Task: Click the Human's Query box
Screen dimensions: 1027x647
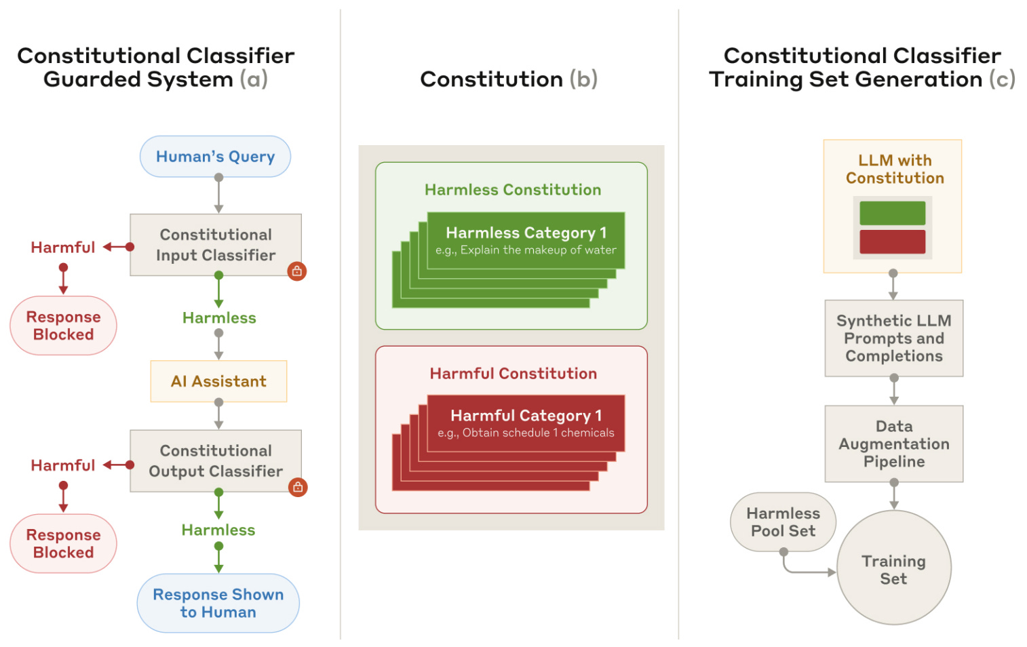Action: pos(215,157)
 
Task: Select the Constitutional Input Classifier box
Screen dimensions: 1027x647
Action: pos(216,245)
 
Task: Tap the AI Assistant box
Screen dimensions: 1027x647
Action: pos(218,381)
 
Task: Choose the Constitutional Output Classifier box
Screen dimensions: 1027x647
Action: pos(216,460)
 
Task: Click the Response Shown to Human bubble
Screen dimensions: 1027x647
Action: pos(218,603)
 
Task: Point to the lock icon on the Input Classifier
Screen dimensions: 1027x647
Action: pos(297,271)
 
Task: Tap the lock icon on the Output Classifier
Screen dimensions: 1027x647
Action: pos(298,487)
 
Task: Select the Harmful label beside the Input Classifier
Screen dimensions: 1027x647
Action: pos(63,247)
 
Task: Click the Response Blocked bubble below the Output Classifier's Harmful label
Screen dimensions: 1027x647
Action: pos(63,543)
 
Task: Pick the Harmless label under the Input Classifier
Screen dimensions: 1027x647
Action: pos(219,318)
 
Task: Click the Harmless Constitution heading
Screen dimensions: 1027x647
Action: pos(513,189)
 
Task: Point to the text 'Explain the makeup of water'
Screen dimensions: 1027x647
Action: pos(538,250)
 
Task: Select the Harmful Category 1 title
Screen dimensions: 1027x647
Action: pos(526,416)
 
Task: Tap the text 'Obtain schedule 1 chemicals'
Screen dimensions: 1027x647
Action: pos(538,433)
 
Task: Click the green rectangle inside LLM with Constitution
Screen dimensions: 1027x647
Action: pos(892,213)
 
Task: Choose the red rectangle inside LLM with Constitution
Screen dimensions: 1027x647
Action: pos(892,241)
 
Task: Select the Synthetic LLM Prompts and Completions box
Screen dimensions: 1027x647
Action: pos(894,338)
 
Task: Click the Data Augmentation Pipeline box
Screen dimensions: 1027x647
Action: pos(894,444)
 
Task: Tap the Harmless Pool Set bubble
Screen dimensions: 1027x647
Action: pos(783,522)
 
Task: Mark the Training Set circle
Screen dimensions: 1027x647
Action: pos(894,568)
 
